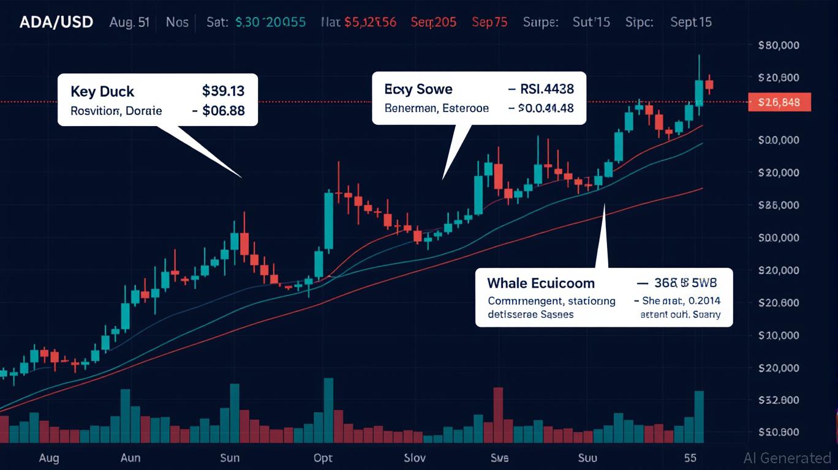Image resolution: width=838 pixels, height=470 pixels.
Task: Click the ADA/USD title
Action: click(56, 23)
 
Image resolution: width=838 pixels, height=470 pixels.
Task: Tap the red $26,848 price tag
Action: click(779, 102)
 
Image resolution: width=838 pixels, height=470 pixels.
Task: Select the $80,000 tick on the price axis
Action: click(779, 45)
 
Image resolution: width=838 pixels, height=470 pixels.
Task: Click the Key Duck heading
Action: click(102, 92)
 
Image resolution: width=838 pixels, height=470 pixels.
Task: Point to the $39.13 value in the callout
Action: click(223, 91)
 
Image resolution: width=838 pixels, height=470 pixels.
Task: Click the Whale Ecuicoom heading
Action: click(541, 283)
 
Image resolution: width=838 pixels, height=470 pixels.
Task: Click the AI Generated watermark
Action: click(787, 458)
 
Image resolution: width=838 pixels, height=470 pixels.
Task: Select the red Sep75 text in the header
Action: click(489, 23)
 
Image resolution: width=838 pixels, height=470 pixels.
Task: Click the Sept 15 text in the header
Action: click(691, 23)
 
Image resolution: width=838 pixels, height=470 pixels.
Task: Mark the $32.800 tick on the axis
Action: click(779, 400)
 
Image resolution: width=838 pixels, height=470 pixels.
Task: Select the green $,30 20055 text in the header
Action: click(270, 23)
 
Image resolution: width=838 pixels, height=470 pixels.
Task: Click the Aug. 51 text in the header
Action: click(129, 23)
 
